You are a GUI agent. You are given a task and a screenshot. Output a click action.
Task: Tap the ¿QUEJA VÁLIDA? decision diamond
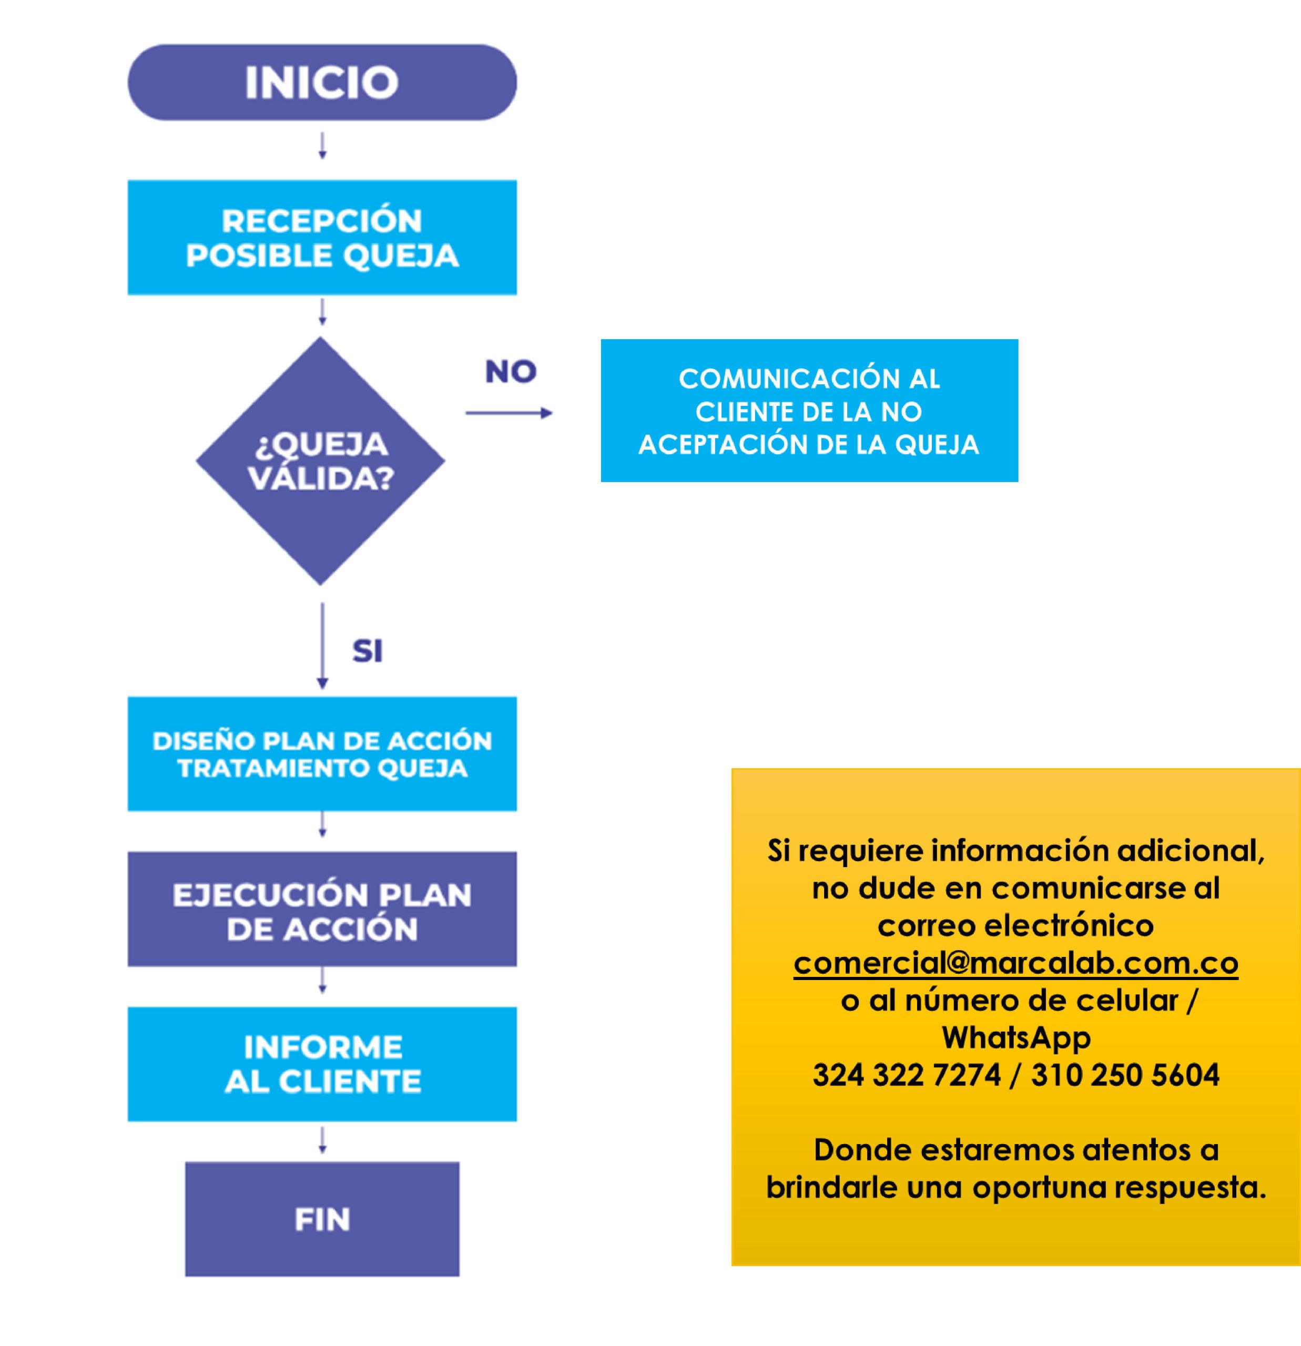[x=321, y=461]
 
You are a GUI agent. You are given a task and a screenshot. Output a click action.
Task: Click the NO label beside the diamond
[x=511, y=372]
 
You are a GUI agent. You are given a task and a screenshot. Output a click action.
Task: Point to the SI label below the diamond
[x=368, y=651]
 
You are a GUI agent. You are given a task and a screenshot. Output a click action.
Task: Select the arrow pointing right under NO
[x=509, y=413]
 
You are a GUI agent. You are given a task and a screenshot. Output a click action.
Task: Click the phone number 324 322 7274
[x=906, y=1075]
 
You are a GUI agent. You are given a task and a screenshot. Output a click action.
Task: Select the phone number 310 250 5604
[x=1125, y=1075]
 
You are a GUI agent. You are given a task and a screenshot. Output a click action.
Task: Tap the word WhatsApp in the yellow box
[x=1015, y=1037]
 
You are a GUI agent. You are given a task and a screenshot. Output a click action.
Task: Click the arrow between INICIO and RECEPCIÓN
[x=322, y=146]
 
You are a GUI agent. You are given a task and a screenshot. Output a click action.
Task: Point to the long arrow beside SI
[x=322, y=646]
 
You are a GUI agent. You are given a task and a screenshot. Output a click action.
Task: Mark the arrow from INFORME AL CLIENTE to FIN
[x=322, y=1140]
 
